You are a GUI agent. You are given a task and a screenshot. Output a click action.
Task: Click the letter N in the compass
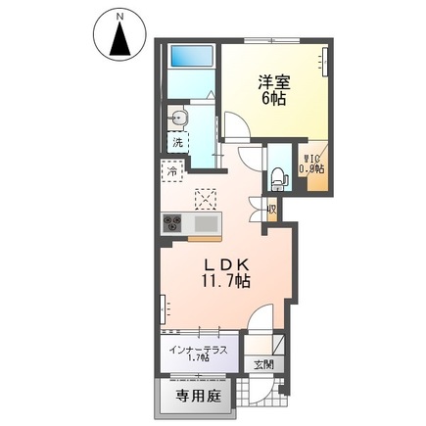point(119,17)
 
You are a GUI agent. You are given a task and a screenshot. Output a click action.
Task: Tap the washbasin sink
point(176,118)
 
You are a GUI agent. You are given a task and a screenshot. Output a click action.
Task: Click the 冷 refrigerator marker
point(171,168)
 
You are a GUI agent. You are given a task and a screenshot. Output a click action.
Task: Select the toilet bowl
point(278,177)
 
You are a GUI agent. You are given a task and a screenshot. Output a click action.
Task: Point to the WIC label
point(313,158)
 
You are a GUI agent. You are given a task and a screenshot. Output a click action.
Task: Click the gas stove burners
point(173,223)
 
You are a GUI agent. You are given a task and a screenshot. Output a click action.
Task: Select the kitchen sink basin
point(208,224)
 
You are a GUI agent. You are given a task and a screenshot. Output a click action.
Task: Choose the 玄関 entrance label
point(264,365)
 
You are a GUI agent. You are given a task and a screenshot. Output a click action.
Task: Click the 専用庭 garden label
point(195,399)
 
